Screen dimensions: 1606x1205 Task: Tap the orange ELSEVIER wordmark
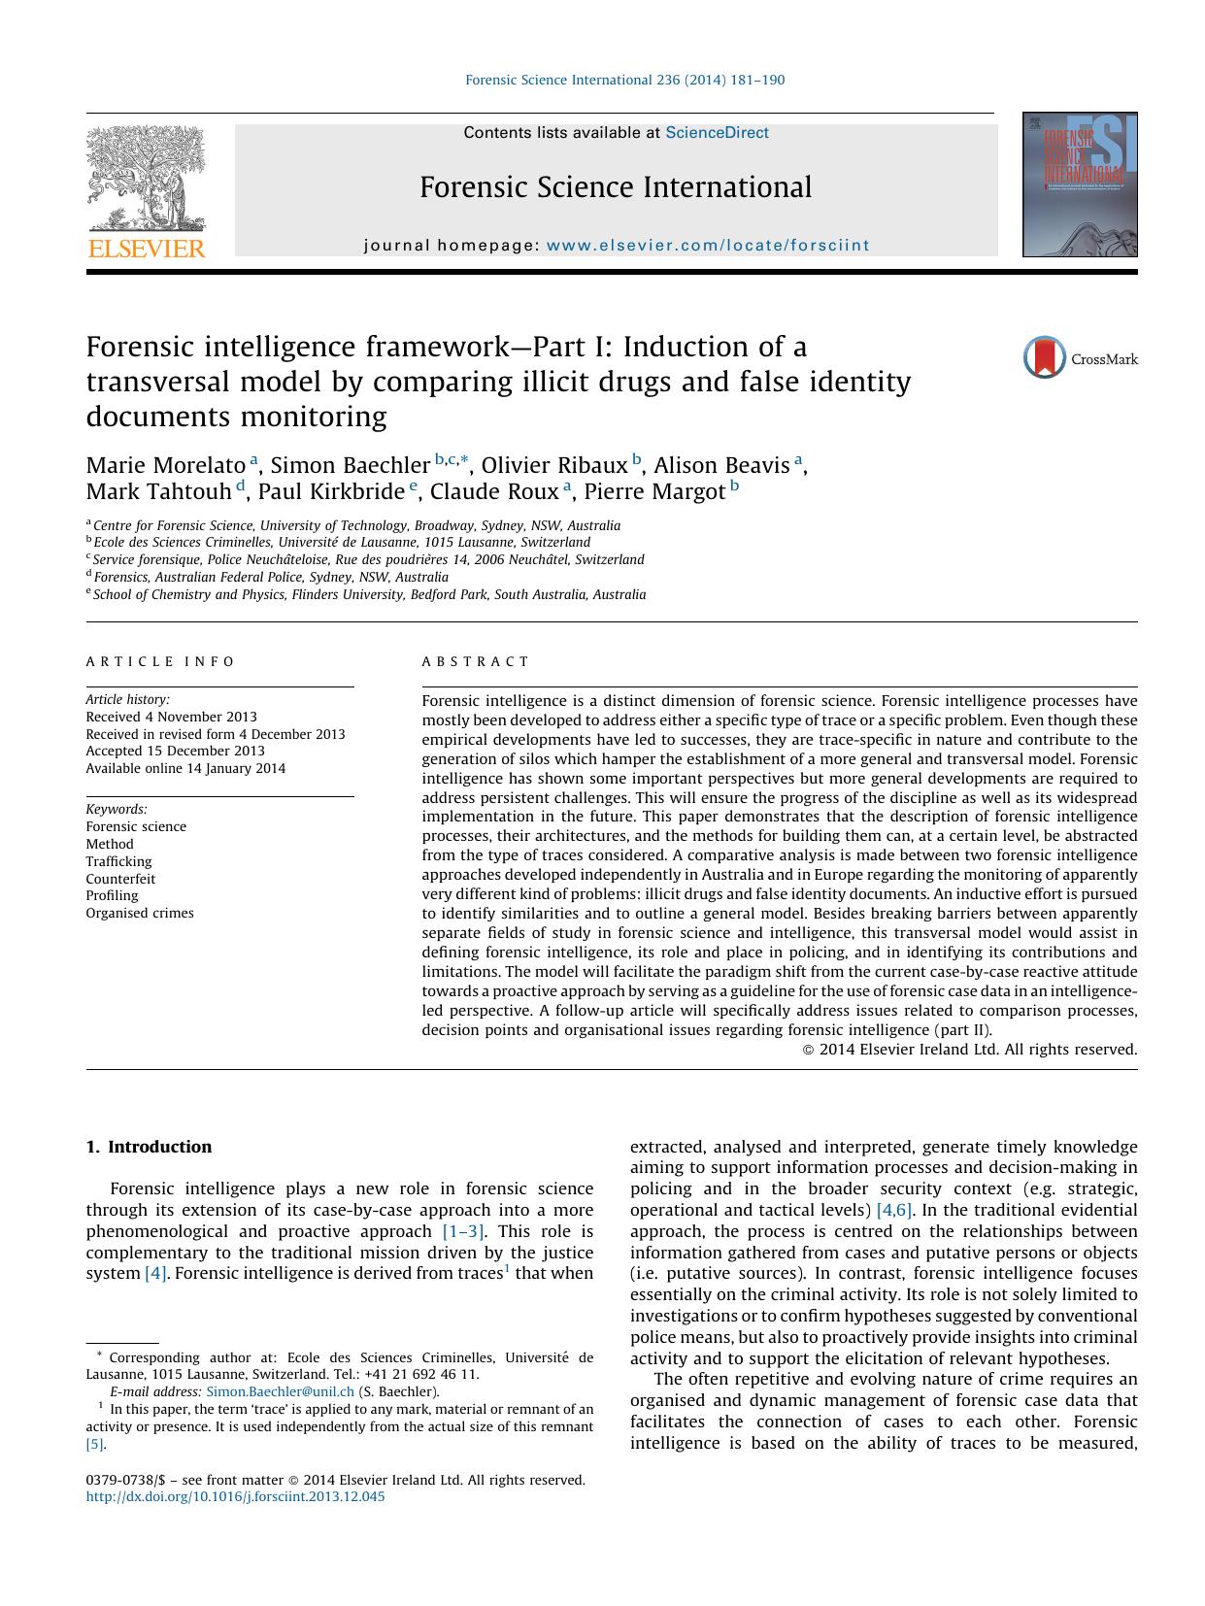(147, 249)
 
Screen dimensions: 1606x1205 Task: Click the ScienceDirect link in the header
(717, 133)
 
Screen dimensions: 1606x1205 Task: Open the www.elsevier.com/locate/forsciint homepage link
(708, 246)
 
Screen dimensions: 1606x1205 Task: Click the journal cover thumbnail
(1079, 184)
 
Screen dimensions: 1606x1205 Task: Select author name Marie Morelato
(166, 465)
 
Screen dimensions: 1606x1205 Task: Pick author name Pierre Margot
(653, 491)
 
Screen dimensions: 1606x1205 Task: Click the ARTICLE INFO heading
(160, 661)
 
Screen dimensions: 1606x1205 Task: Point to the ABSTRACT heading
(476, 661)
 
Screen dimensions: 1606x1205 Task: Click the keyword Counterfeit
(120, 879)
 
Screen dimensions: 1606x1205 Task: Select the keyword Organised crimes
(140, 913)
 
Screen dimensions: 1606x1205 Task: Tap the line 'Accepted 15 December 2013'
(175, 751)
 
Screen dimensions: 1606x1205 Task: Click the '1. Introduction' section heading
(149, 1147)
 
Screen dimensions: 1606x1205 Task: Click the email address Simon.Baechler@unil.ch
(280, 1391)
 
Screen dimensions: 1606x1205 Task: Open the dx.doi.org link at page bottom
(235, 1496)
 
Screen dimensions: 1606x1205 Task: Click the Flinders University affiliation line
(369, 594)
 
